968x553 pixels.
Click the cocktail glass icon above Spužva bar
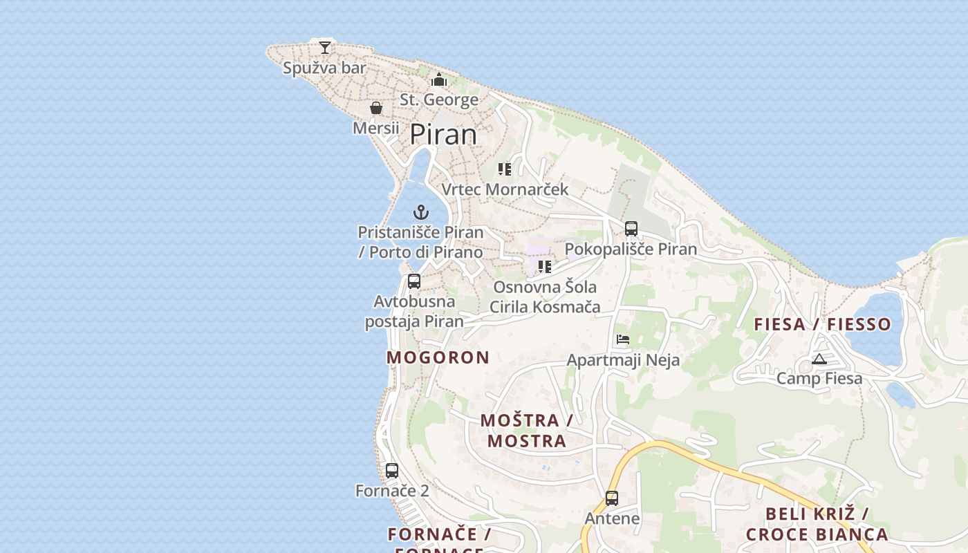(324, 47)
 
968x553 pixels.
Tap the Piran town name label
(443, 134)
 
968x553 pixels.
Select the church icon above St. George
(439, 79)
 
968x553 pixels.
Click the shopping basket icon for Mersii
(376, 108)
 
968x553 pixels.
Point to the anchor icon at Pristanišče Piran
(421, 212)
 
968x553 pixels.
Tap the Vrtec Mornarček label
(505, 189)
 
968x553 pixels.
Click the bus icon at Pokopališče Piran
(631, 228)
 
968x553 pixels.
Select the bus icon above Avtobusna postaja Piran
(414, 281)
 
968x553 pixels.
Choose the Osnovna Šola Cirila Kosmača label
(545, 297)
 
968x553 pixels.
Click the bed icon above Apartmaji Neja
(623, 339)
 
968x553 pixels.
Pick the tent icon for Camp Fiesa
(819, 358)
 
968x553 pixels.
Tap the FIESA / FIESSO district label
(822, 324)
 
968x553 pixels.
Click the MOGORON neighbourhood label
(438, 357)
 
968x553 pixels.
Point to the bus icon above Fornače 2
(392, 470)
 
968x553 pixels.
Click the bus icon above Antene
(612, 498)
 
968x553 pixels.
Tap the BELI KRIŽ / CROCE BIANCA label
(817, 523)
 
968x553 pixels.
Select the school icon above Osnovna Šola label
(545, 266)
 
